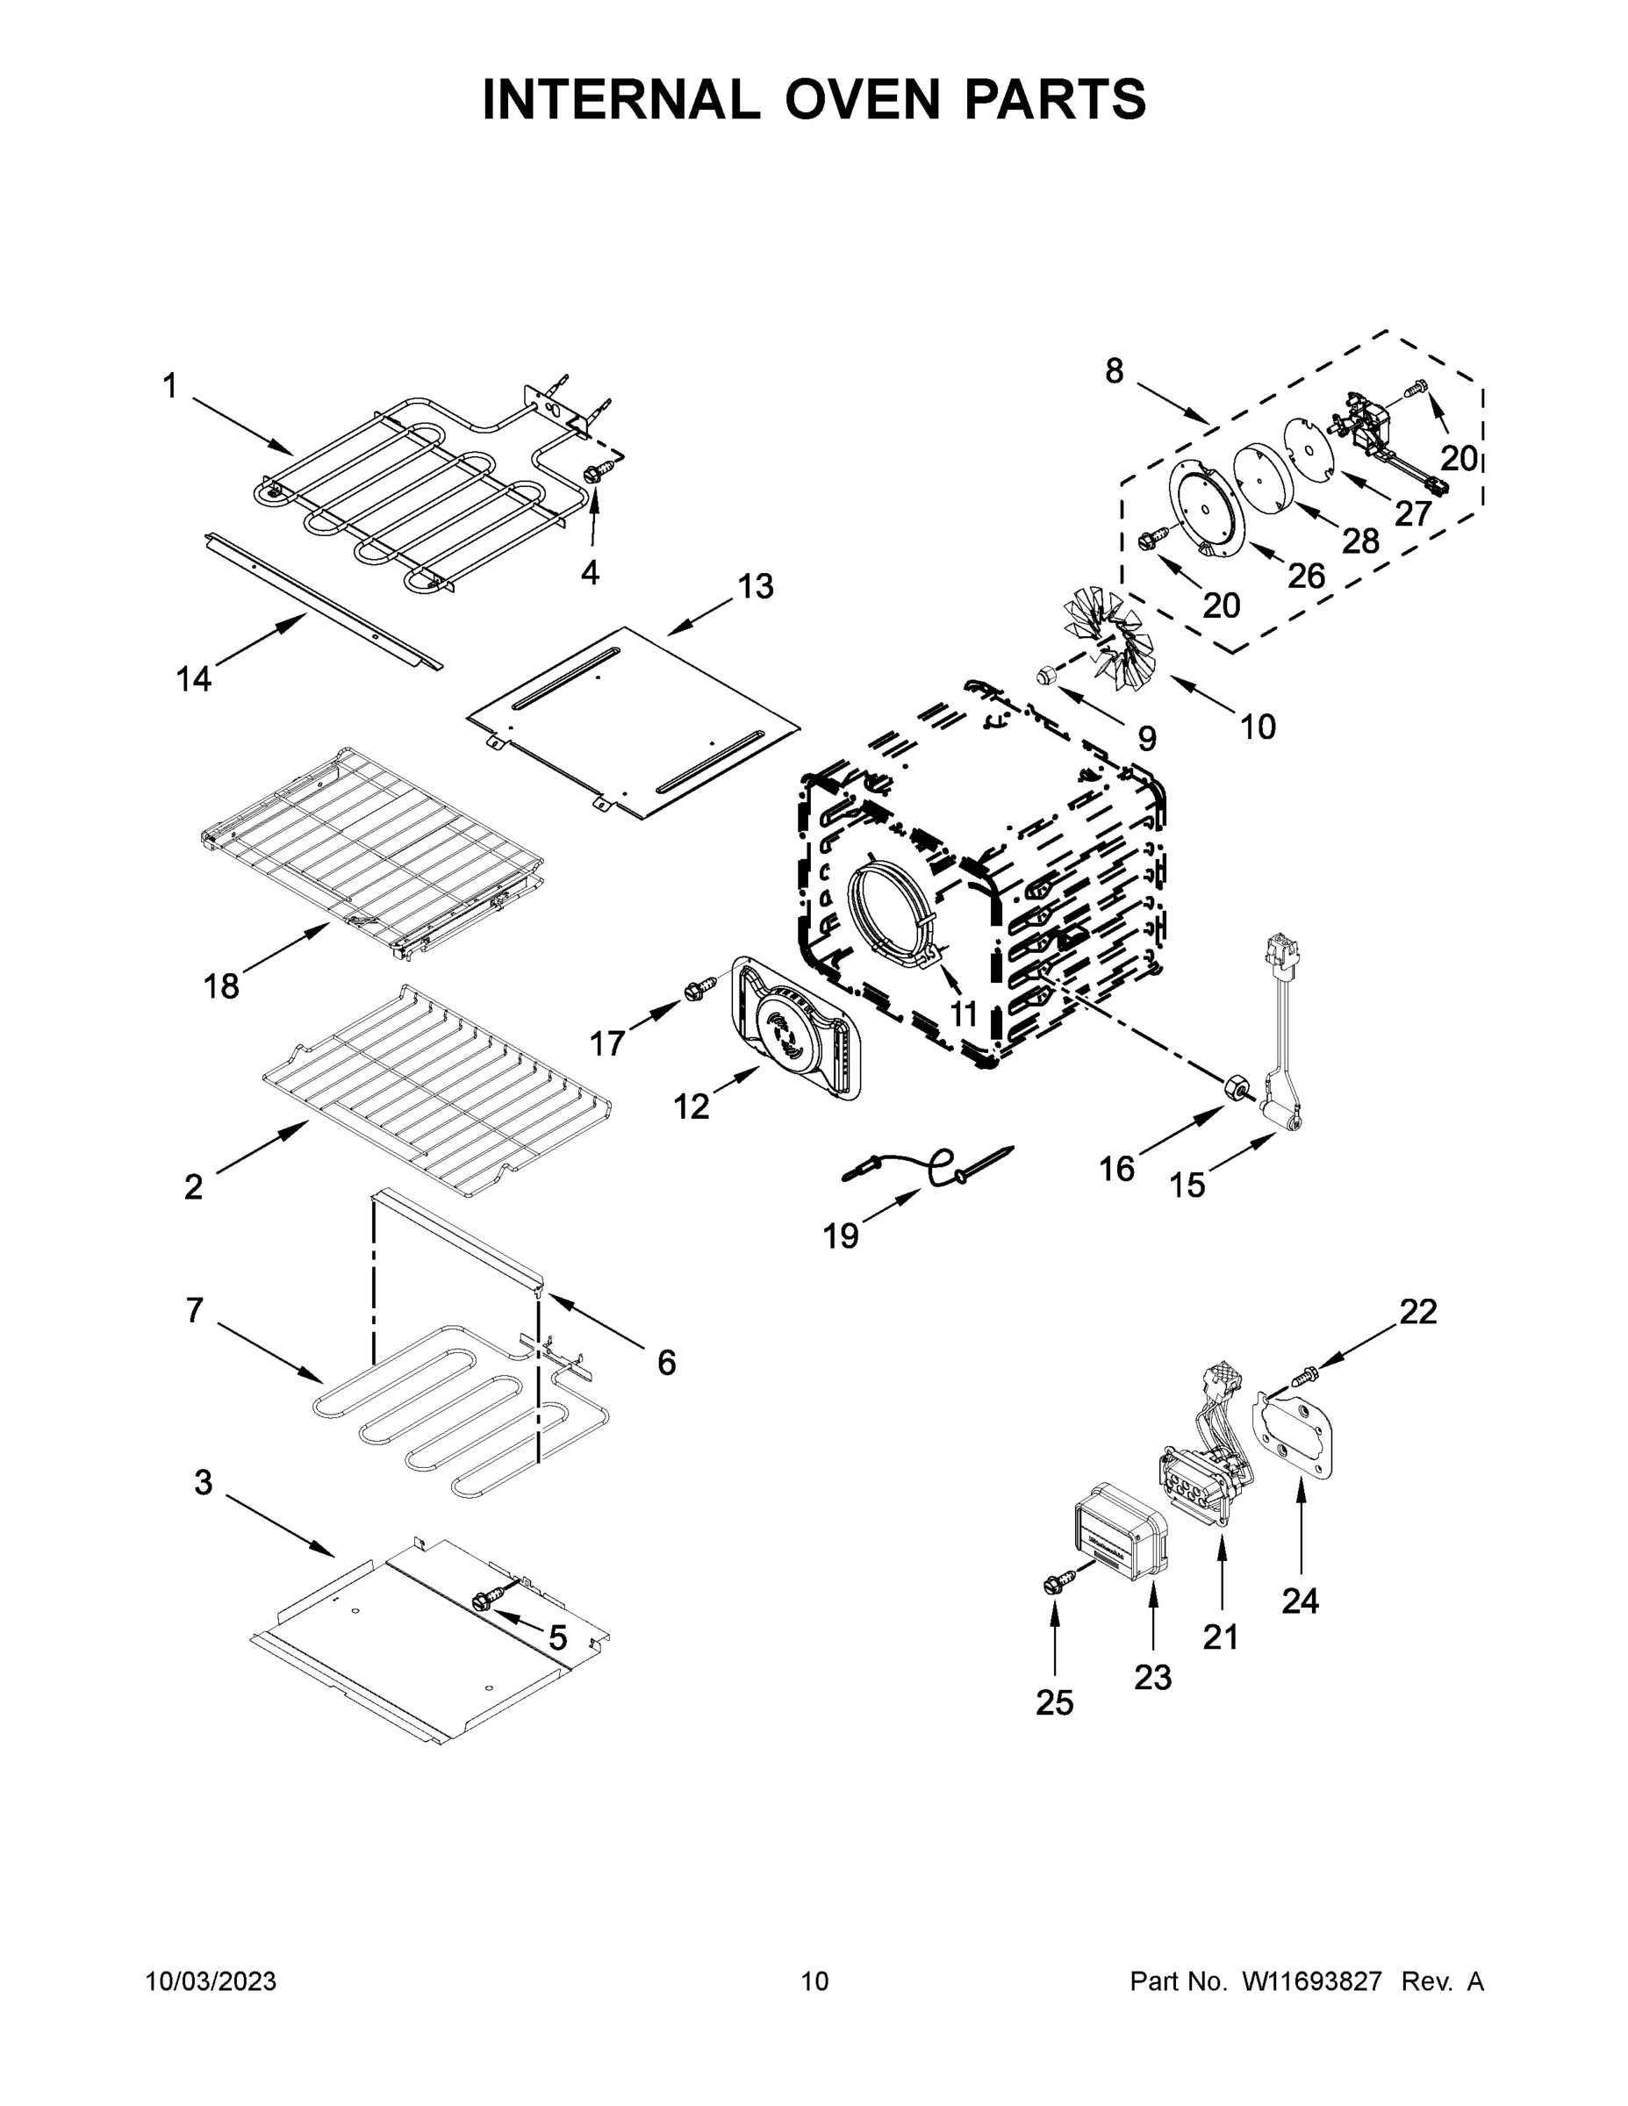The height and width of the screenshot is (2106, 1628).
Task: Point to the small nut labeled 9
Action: pos(1044,675)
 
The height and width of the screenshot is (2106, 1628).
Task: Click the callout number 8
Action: pos(1114,370)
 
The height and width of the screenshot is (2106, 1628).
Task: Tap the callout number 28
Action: pos(1361,541)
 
